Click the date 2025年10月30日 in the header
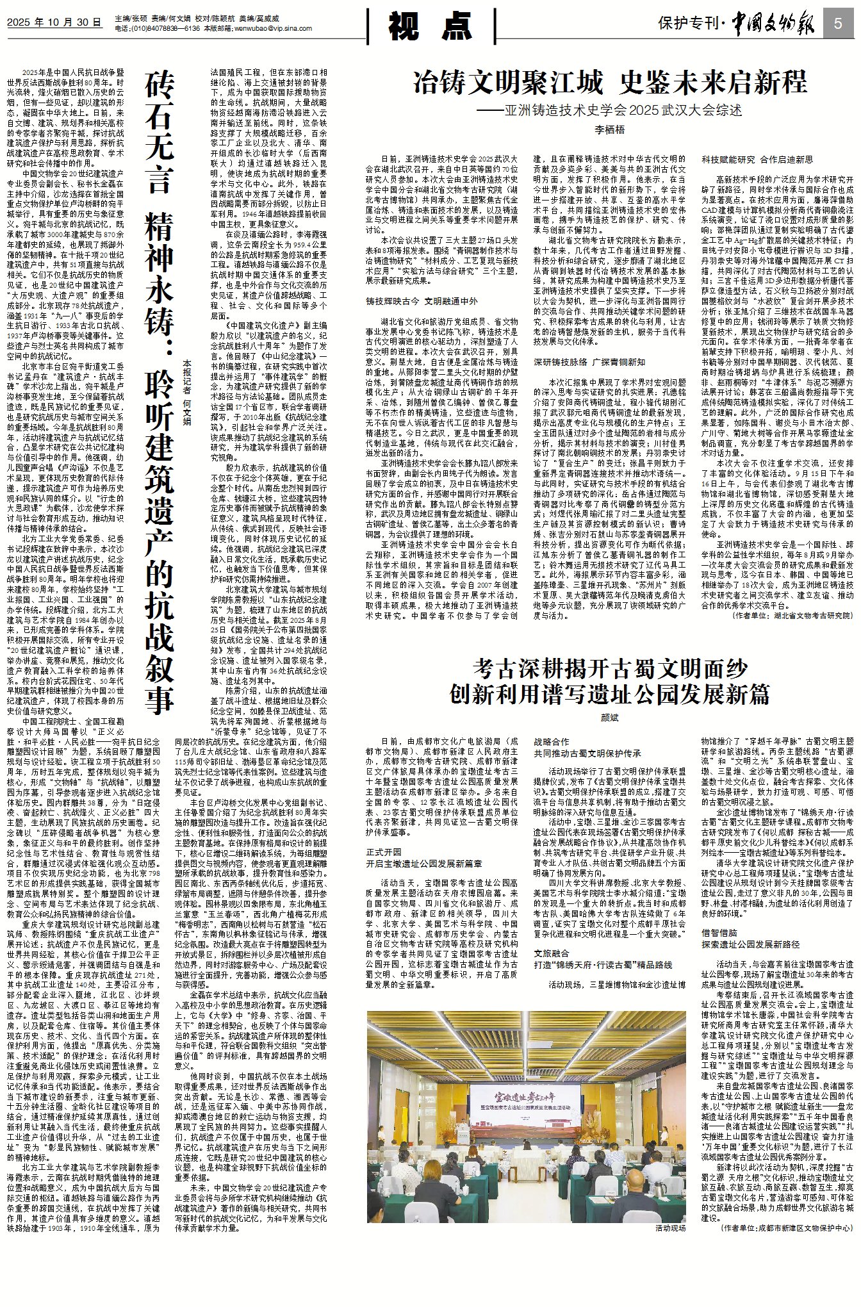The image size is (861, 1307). (x=54, y=23)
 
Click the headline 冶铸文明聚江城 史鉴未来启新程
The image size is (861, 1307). (x=610, y=83)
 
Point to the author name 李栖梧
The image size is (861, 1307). (x=609, y=129)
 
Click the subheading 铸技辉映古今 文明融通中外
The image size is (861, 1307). (x=422, y=300)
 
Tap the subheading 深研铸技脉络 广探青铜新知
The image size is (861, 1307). (x=589, y=362)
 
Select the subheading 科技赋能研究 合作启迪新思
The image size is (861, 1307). (x=757, y=159)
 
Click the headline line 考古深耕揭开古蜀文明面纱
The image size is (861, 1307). (x=610, y=669)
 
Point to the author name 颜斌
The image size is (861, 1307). (x=609, y=718)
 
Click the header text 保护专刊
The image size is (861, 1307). (x=688, y=24)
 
